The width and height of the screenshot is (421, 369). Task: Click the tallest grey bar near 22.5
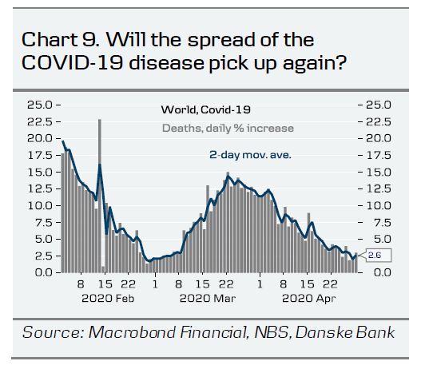(100, 196)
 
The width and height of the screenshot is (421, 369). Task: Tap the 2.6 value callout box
(379, 256)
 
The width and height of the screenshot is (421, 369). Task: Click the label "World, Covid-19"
(205, 109)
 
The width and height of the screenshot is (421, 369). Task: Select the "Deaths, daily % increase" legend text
(228, 129)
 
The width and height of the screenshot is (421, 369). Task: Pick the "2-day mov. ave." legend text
(250, 155)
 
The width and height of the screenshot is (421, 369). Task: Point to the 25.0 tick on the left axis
(39, 105)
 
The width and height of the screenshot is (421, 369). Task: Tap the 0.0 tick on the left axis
(43, 272)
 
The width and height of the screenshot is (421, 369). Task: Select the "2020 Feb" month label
(108, 299)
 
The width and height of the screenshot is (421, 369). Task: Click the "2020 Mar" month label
(208, 299)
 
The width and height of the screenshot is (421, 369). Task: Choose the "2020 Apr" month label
(309, 299)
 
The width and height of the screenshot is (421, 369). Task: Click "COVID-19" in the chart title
(73, 63)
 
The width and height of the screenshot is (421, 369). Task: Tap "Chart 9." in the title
(61, 40)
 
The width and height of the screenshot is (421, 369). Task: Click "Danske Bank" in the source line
(345, 332)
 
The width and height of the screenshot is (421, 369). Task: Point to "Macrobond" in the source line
(133, 332)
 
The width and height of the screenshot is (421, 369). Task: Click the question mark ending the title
(341, 62)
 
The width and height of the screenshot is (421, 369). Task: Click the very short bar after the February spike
(103, 269)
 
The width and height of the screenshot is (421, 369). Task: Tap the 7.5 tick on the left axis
(43, 223)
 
